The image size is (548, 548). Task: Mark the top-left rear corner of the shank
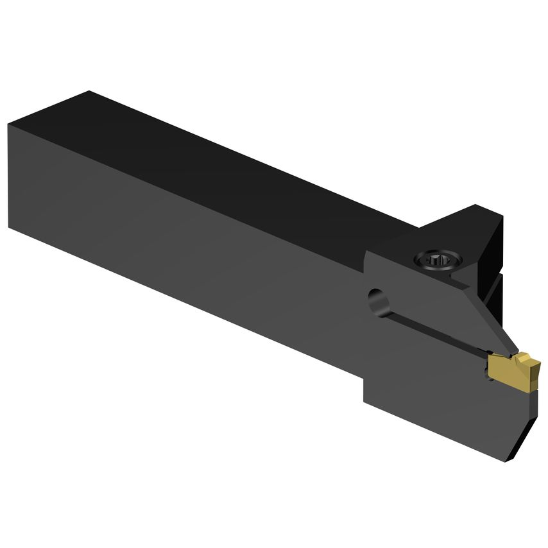89,92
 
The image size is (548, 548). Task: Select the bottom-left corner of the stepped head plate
364,402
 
